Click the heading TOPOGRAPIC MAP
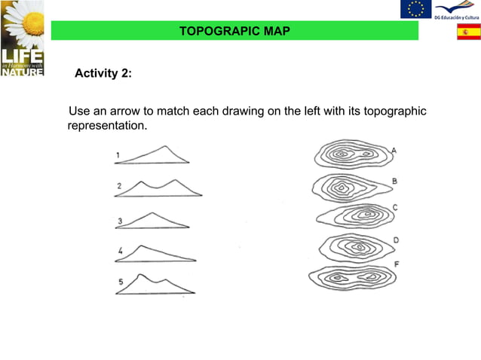pyautogui.click(x=234, y=31)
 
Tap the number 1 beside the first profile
pyautogui.click(x=118, y=156)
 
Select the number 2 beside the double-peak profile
pyautogui.click(x=119, y=186)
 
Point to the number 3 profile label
pyautogui.click(x=120, y=221)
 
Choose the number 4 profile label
pyautogui.click(x=121, y=250)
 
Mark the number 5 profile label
pyautogui.click(x=120, y=282)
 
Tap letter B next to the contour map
pyautogui.click(x=395, y=182)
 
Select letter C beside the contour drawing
pyautogui.click(x=395, y=207)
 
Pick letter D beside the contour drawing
pyautogui.click(x=396, y=240)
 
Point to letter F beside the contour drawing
pyautogui.click(x=396, y=265)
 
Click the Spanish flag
pyautogui.click(x=468, y=32)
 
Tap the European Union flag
pyautogui.click(x=415, y=9)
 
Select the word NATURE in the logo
pyautogui.click(x=22, y=73)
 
